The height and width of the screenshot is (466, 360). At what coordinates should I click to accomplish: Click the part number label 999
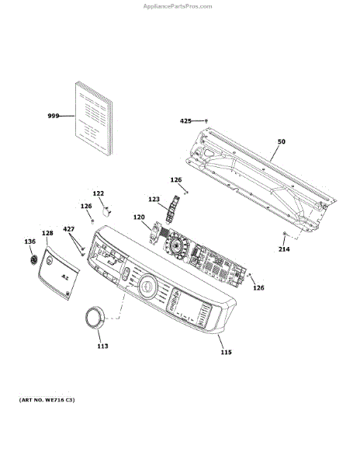(x=54, y=116)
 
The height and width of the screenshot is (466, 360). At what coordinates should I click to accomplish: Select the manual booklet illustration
(x=94, y=118)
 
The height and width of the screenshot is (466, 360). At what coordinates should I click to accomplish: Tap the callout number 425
(x=185, y=121)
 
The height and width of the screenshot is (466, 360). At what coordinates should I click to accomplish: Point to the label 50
(x=282, y=141)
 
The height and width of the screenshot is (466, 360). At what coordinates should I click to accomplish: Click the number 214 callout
(x=284, y=249)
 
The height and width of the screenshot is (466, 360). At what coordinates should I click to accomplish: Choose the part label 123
(x=154, y=199)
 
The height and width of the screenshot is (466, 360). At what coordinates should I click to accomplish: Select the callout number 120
(x=139, y=217)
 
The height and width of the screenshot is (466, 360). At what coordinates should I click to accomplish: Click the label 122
(x=99, y=193)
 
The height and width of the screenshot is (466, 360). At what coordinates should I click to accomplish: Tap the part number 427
(x=69, y=229)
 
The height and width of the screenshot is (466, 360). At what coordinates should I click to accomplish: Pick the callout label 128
(x=47, y=233)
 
